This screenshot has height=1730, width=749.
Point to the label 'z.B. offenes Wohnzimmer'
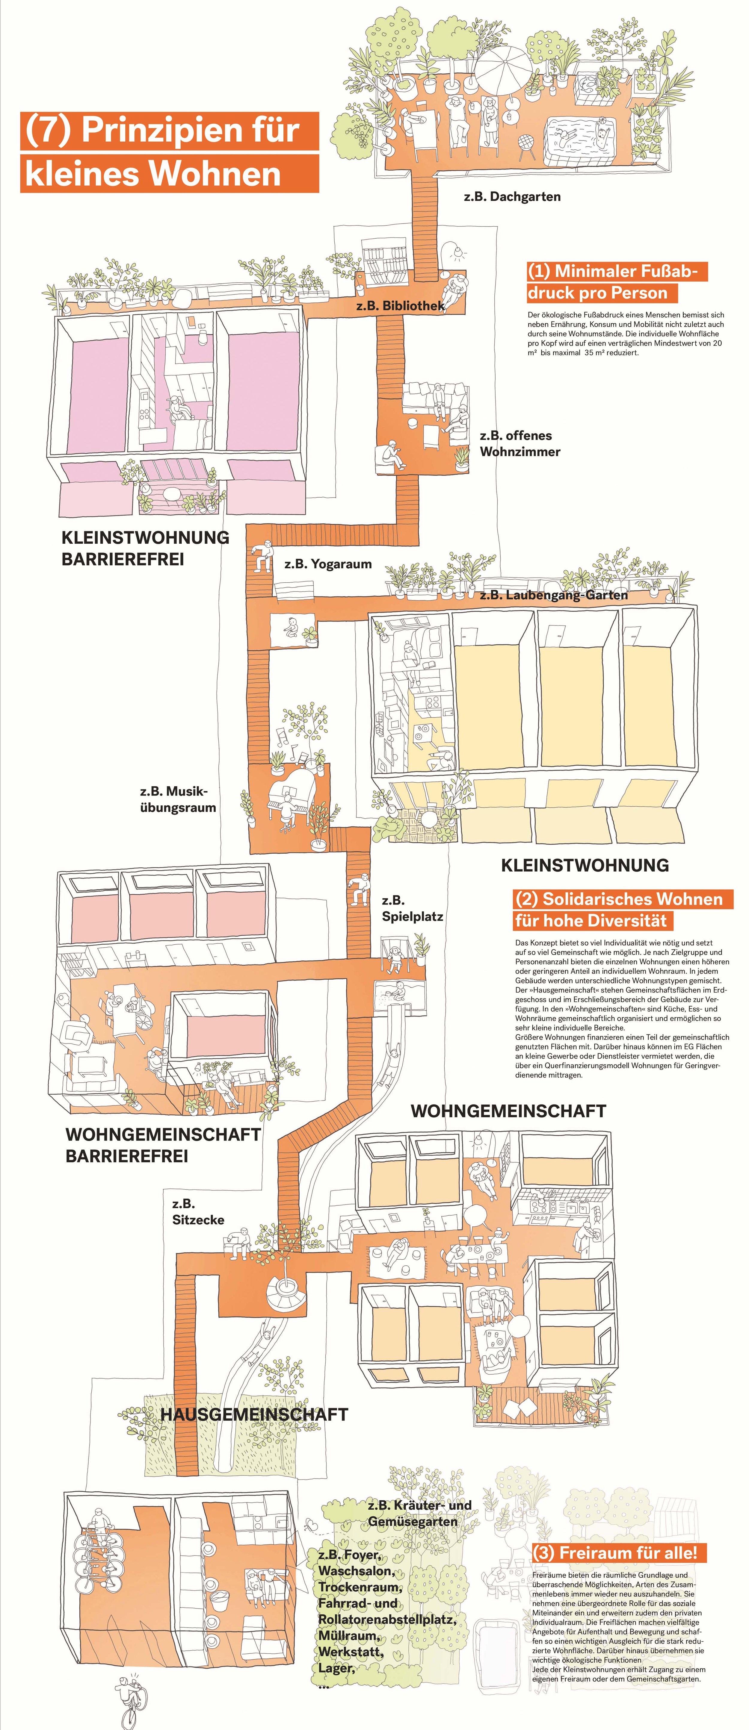pyautogui.click(x=519, y=444)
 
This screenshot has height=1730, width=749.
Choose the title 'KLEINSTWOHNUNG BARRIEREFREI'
pyautogui.click(x=145, y=548)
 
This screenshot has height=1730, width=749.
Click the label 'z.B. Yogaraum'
pyautogui.click(x=328, y=564)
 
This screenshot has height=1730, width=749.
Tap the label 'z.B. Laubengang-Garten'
pyautogui.click(x=554, y=595)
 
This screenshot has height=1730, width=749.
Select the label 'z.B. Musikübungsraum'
pyautogui.click(x=178, y=799)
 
